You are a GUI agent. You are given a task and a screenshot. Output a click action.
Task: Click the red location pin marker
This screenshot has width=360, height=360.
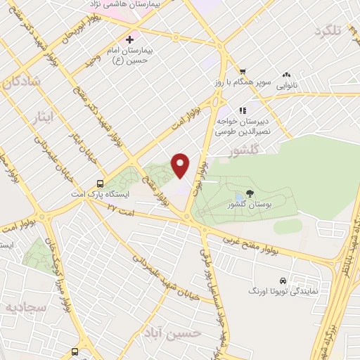coord(181,165)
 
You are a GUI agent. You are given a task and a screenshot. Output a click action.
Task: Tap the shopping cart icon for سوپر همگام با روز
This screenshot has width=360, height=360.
coord(243,71)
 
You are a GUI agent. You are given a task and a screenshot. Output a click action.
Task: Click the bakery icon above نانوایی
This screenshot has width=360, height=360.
coord(286,75)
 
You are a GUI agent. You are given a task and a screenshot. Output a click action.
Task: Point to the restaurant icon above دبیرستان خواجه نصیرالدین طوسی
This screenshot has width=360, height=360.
coord(243,110)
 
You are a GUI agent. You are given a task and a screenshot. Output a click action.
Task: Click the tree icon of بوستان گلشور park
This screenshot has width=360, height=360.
coord(250,193)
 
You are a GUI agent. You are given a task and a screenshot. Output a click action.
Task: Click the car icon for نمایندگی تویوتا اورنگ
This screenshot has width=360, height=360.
coord(283,279)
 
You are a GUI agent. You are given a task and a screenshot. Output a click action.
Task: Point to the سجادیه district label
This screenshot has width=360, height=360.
coord(25,308)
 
